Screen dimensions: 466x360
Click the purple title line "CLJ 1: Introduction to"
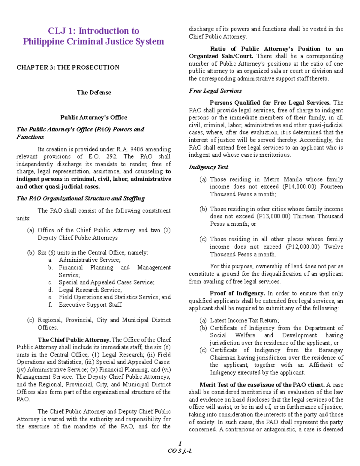94,31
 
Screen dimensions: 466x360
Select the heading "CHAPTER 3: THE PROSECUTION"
68,68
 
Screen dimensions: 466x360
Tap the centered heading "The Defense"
94,92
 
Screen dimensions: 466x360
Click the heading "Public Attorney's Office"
94,117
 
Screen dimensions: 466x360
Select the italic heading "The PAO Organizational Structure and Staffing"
80,198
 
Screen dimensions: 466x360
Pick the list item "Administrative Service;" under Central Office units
90,260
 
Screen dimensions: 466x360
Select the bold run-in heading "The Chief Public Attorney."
74,340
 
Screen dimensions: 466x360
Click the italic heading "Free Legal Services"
215,91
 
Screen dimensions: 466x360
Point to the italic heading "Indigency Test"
208,167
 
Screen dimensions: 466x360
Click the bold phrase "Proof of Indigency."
237,293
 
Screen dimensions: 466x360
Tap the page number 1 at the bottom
180,443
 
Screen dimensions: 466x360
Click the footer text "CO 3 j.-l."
180,451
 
